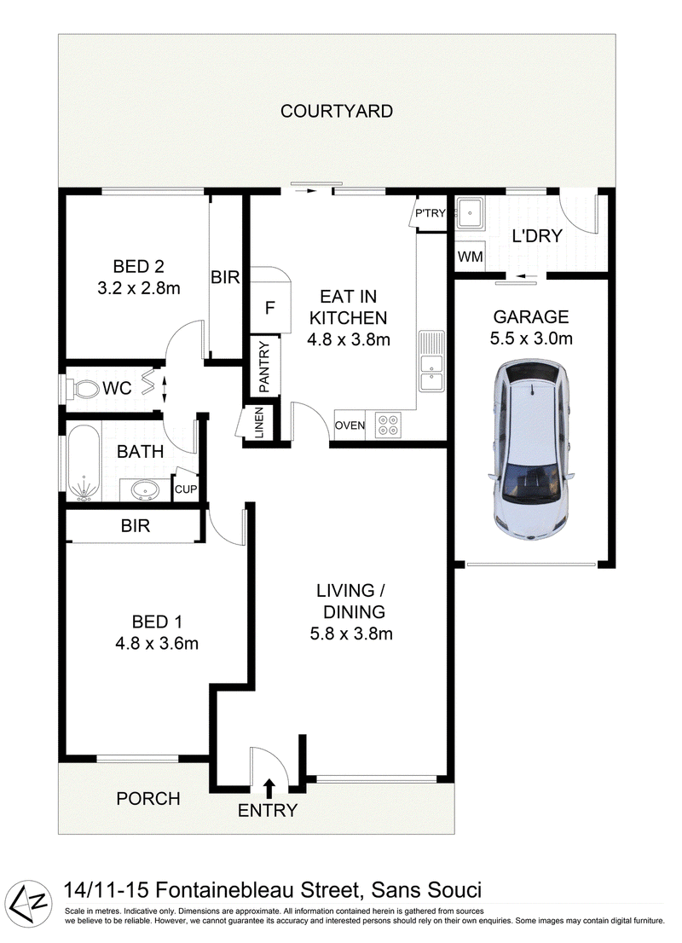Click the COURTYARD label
click(x=336, y=111)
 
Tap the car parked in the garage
click(x=532, y=449)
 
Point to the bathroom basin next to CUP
click(x=145, y=490)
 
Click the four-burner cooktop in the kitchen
click(x=388, y=425)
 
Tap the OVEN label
click(x=350, y=425)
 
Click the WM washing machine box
click(x=470, y=256)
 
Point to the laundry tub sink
click(x=469, y=212)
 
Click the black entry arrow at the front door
click(x=269, y=787)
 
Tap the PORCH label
click(x=148, y=799)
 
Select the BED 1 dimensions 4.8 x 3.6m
click(x=156, y=644)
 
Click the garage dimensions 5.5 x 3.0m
click(x=531, y=338)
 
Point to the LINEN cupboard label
click(x=259, y=422)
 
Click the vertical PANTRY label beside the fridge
click(x=264, y=367)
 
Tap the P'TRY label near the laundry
click(x=430, y=213)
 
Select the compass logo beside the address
click(x=31, y=902)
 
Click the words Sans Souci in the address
click(x=426, y=890)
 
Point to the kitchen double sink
click(x=432, y=361)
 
